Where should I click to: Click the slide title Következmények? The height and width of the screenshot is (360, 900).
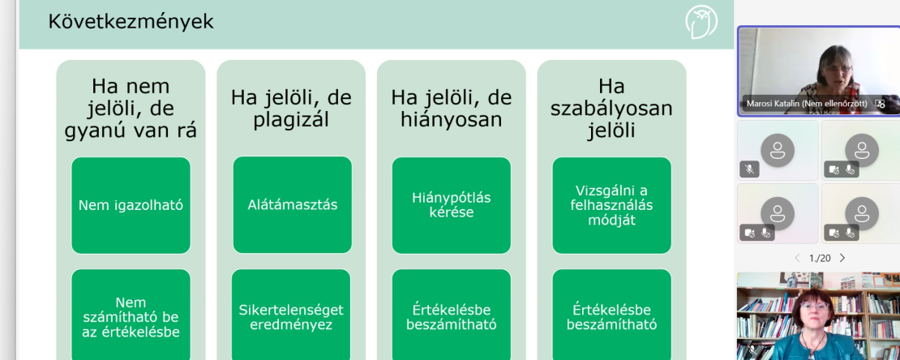point(131,22)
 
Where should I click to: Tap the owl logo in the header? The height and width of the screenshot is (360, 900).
point(701,23)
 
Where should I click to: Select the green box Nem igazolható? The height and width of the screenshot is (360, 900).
point(131,205)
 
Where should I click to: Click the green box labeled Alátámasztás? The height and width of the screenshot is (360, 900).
point(292,205)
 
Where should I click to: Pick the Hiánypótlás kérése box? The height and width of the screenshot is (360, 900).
point(451,205)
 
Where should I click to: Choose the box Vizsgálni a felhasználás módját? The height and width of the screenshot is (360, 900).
point(612,205)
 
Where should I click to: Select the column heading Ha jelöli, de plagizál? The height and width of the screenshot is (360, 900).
point(291,109)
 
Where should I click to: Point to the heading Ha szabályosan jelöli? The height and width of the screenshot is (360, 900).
point(611,109)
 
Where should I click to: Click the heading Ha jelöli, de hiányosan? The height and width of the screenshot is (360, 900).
point(451,109)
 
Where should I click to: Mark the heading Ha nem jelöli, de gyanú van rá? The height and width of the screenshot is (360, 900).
point(131,109)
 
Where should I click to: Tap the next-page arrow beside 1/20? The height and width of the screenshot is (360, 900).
point(842,259)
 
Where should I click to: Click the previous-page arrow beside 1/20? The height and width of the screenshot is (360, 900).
point(797,259)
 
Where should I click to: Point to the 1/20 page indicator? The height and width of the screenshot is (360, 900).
point(820,259)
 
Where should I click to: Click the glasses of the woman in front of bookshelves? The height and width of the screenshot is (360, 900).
point(815,306)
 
